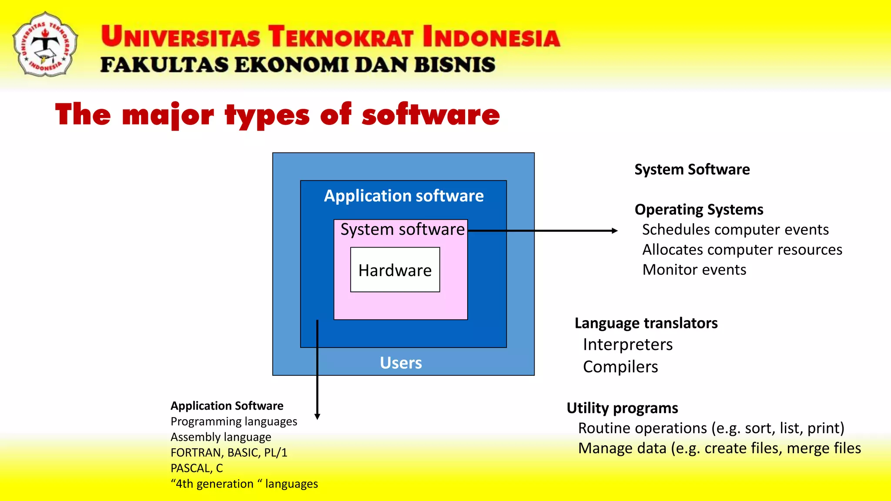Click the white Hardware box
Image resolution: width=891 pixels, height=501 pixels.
(x=395, y=270)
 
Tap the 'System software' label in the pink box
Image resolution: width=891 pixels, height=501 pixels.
(x=402, y=229)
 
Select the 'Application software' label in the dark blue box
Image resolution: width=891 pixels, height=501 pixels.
(x=404, y=196)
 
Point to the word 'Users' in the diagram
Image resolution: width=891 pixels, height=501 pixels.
(x=401, y=363)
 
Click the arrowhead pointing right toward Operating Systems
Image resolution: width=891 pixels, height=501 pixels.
(x=614, y=230)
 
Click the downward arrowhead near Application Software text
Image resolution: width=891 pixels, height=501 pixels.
(x=317, y=416)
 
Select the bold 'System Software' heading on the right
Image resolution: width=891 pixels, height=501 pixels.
(x=692, y=169)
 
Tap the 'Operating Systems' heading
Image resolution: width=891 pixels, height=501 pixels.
(x=699, y=210)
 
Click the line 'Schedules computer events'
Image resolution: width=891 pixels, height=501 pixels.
(x=735, y=230)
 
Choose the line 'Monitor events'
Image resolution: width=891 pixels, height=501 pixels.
(x=694, y=270)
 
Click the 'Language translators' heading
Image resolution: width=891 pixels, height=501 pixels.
(x=646, y=323)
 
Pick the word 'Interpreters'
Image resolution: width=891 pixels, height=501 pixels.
(x=628, y=344)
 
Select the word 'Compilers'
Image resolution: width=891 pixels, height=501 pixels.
(x=620, y=367)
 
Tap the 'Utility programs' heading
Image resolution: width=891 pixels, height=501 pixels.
(x=622, y=408)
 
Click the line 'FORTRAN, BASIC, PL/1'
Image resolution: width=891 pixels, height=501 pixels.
(x=229, y=453)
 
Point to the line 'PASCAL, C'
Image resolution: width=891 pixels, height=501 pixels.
(x=197, y=468)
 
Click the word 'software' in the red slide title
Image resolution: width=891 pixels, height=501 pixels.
(x=431, y=115)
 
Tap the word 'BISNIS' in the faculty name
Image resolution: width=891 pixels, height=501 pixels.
(x=454, y=65)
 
